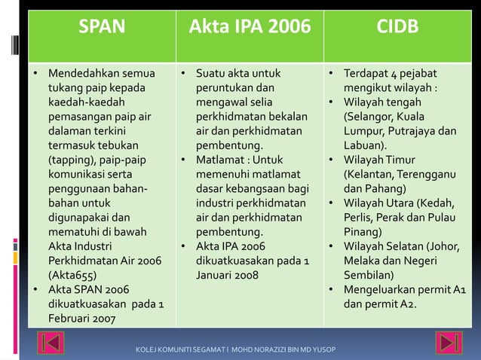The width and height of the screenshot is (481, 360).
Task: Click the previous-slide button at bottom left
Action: pos(53,344)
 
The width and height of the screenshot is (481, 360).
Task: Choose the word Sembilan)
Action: pos(370,275)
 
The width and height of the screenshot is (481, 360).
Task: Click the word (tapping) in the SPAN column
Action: pos(74,160)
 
